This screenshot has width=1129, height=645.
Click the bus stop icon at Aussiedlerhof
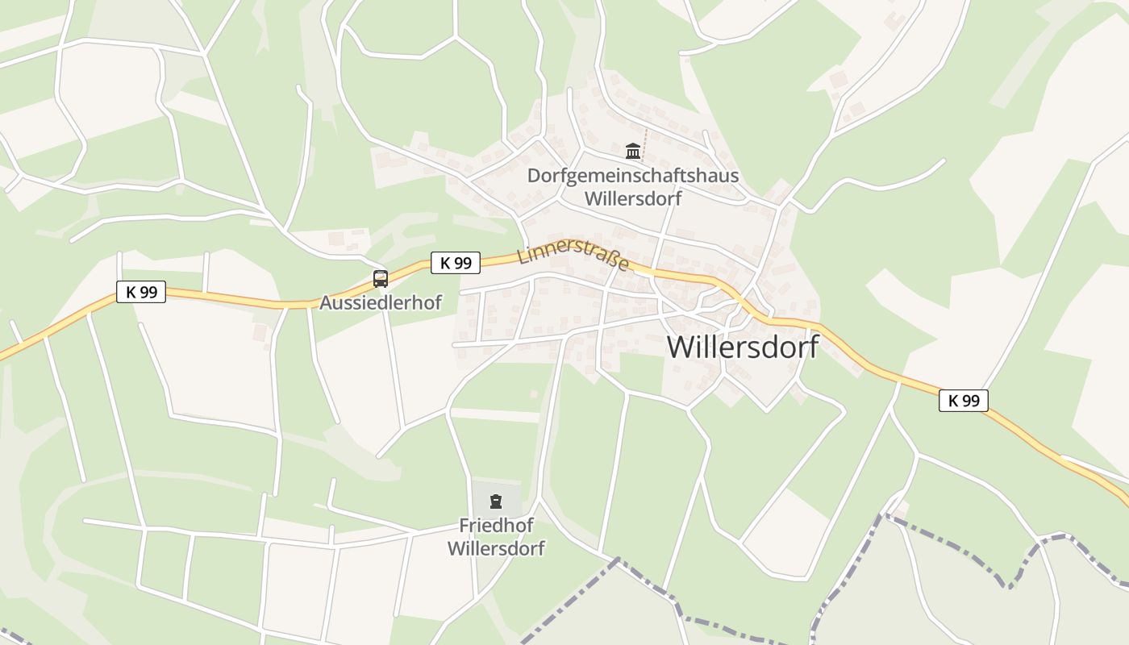point(381,279)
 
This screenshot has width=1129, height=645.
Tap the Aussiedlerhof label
point(381,303)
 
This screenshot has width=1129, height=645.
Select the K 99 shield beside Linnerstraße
point(456,263)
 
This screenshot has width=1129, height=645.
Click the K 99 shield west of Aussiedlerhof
point(142,292)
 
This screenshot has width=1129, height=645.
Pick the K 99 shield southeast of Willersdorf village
point(963,400)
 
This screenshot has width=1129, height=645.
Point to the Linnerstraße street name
point(573,253)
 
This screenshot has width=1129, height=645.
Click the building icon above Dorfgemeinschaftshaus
point(633,151)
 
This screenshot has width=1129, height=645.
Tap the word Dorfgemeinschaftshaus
point(633,176)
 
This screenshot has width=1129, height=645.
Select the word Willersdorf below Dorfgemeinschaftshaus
point(633,198)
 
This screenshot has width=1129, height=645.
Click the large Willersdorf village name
point(742,347)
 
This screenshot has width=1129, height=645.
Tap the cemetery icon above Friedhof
point(496,501)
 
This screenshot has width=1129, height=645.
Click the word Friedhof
point(496,526)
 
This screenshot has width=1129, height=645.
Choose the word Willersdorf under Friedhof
point(496,549)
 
